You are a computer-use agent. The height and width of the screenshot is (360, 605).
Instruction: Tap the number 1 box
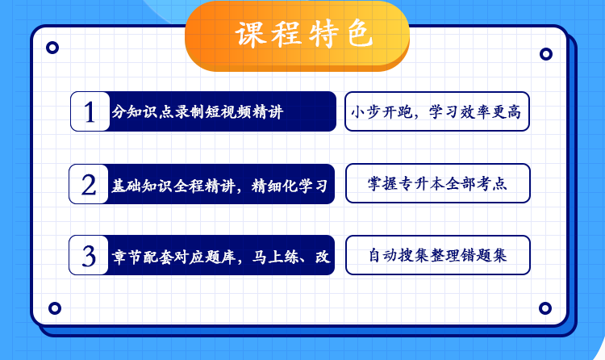90,111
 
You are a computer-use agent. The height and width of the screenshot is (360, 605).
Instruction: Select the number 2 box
89,184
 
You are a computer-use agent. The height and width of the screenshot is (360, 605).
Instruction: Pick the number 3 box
89,255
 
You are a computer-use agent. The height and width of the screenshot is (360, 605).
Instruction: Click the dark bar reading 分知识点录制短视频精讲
222,111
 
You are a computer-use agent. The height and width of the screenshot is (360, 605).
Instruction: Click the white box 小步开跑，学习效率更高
437,111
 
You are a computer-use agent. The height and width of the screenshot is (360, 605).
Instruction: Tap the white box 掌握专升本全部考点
437,185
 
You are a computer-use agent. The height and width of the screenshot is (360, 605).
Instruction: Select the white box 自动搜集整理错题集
437,256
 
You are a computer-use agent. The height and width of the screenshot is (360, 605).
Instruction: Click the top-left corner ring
52,48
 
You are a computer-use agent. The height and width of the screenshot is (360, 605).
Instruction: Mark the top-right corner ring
546,54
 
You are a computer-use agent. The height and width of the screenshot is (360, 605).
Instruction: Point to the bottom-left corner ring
55,308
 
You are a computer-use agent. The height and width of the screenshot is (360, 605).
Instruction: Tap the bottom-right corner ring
546,308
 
